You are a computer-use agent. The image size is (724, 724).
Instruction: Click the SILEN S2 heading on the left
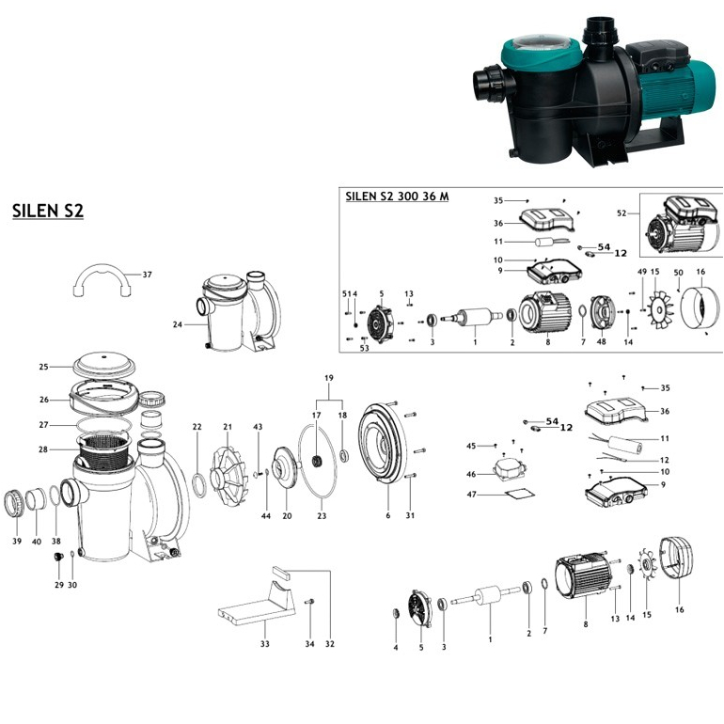(x=48, y=210)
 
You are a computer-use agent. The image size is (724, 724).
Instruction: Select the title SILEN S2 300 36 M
(x=397, y=196)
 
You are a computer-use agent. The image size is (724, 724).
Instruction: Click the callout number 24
(x=177, y=325)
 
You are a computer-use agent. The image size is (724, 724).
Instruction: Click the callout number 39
(x=17, y=541)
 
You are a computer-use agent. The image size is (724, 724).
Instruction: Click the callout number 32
(x=330, y=644)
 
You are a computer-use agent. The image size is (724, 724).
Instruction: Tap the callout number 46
(x=473, y=475)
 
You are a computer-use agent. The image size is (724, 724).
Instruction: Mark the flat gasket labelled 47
(x=512, y=494)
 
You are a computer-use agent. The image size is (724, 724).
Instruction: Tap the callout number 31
(x=409, y=515)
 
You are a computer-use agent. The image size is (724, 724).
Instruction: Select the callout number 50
(x=677, y=271)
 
